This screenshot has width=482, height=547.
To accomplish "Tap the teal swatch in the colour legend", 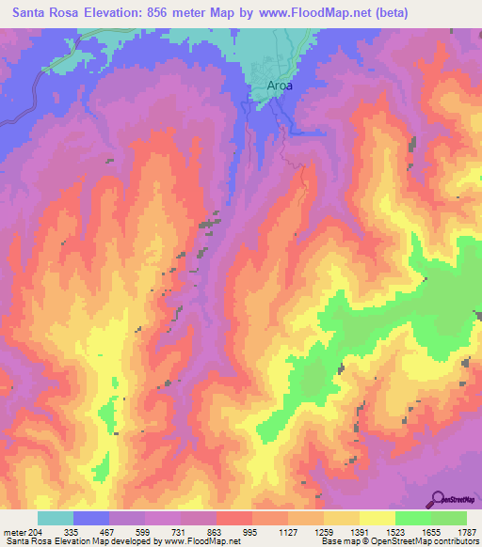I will point(55,518).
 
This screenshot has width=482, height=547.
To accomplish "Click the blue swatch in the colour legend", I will point(90,518).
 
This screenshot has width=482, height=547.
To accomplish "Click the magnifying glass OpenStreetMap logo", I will point(439,499).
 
